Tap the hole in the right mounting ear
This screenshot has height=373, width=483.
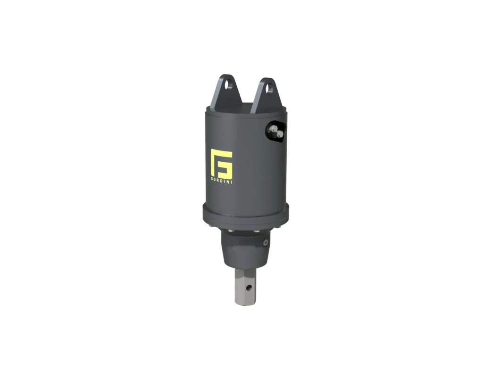tap(269, 87)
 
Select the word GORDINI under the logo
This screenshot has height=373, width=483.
tap(221, 180)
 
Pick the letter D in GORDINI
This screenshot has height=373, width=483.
tap(222, 180)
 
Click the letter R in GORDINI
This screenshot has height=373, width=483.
tap(218, 180)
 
